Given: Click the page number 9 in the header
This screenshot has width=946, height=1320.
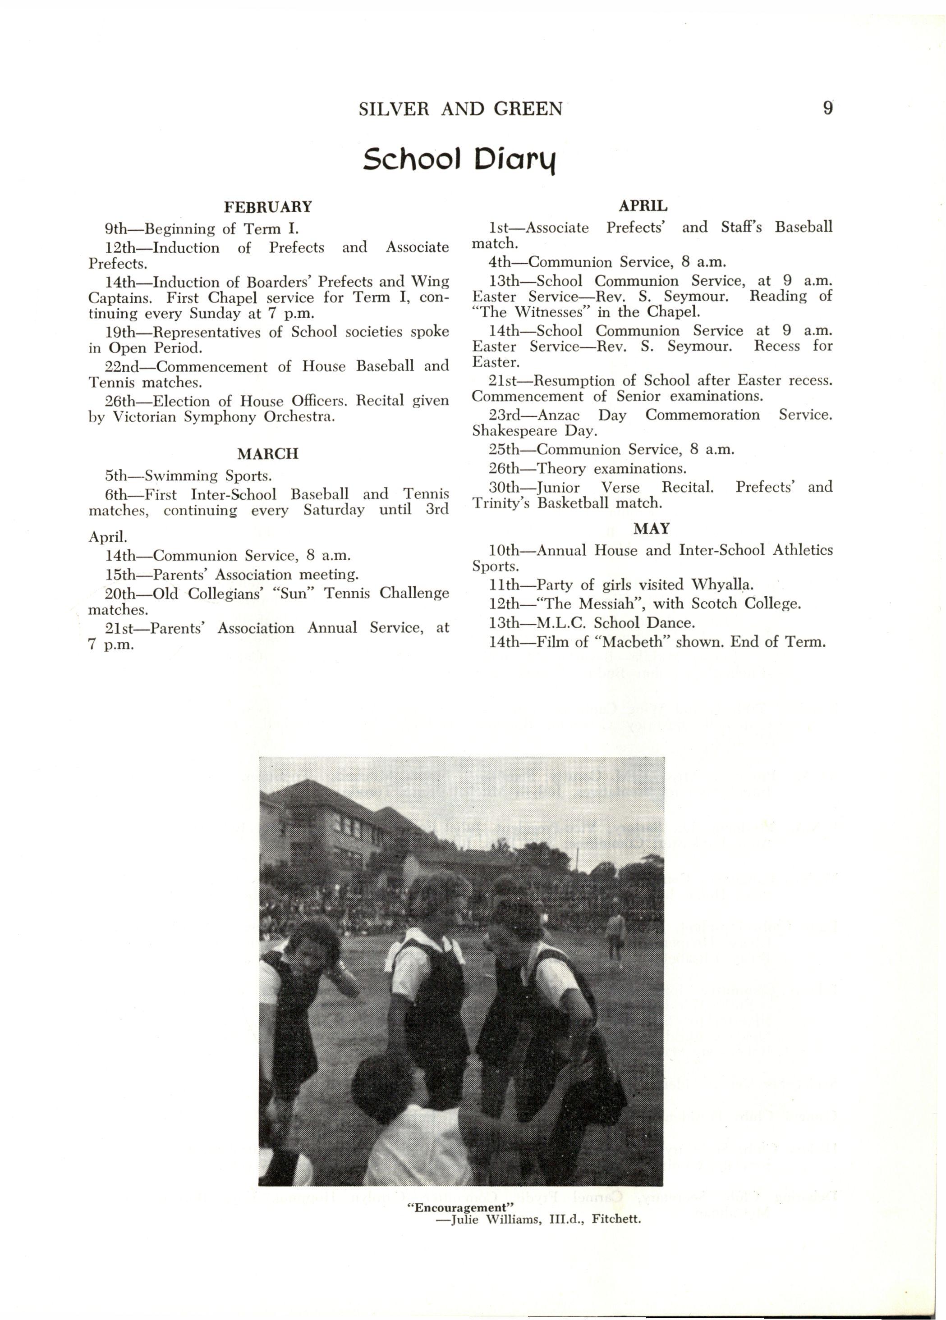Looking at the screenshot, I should point(828,109).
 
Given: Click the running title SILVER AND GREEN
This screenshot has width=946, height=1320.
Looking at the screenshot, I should point(460,110).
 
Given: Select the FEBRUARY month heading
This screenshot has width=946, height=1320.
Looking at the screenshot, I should point(268,207).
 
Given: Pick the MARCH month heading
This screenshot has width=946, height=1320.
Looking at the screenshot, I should point(268,454).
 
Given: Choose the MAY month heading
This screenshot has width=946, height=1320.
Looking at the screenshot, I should point(652,529).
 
